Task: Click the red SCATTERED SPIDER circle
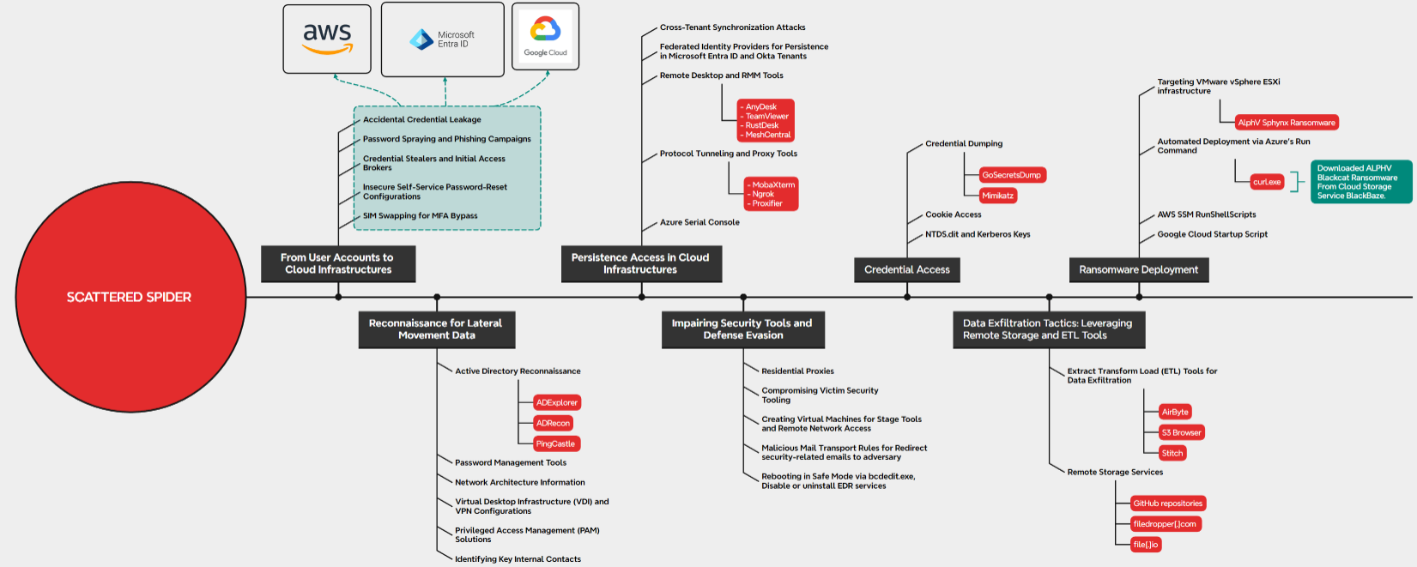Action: (130, 297)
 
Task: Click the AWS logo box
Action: (327, 39)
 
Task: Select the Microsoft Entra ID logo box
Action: (443, 39)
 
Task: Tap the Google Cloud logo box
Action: (546, 37)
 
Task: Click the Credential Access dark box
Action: (907, 269)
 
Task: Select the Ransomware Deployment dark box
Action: (1138, 269)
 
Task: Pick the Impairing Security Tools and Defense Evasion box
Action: (742, 329)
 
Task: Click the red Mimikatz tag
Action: (998, 196)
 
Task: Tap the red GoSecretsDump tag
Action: (1012, 175)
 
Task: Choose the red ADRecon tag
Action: (553, 423)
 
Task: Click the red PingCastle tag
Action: (555, 443)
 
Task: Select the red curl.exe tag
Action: (1267, 182)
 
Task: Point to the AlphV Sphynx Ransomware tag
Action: (1287, 123)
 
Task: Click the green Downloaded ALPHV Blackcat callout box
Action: (1360, 182)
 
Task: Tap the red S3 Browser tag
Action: (1181, 432)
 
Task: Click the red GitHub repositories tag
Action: (1167, 504)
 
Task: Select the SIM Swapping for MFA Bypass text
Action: (420, 216)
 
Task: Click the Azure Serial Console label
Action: (699, 222)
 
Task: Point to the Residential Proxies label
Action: (797, 371)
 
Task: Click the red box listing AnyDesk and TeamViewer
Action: (766, 121)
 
